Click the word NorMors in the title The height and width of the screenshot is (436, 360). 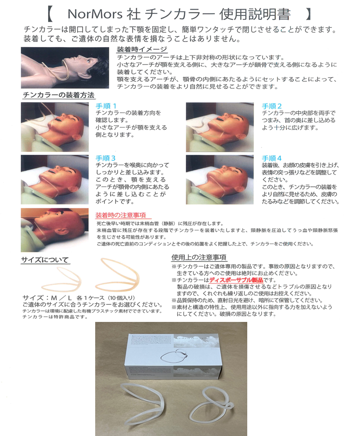[95, 14]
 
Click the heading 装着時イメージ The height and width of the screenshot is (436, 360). [142, 49]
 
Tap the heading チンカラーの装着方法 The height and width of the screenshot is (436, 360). [59, 95]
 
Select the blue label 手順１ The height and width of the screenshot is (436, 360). [106, 106]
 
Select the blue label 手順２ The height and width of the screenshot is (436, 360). [272, 106]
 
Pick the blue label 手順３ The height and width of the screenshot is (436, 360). [105, 158]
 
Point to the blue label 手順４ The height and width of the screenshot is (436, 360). [272, 158]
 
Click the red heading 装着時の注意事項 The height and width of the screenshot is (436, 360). [121, 215]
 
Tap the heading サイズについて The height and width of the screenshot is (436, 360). [45, 260]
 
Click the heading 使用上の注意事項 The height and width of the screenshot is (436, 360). [199, 257]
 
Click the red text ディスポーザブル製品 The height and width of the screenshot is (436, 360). [236, 280]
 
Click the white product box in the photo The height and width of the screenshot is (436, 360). [174, 357]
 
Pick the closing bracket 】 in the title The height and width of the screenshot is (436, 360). [308, 14]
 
